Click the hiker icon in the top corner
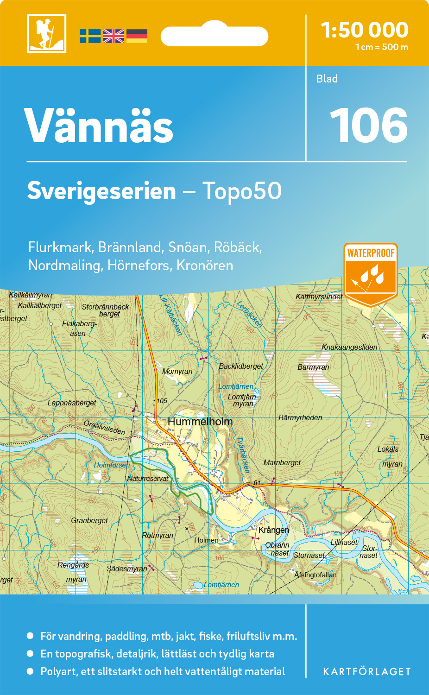coord(46,33)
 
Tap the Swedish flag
coord(90,36)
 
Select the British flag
coord(114,36)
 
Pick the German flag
coord(137,36)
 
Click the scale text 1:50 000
coord(365,30)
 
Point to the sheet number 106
coord(368,125)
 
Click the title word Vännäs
coord(99,126)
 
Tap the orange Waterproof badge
coord(371,273)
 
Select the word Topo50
coord(242,191)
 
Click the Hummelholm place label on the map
coord(200,422)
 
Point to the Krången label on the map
coord(274,530)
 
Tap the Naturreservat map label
coord(148,479)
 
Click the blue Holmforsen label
coord(112,465)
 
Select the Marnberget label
coord(282,462)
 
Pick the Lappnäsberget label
coord(72,403)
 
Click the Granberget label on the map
coord(89,521)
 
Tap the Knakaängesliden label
coord(349,347)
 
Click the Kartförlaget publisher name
coord(366,672)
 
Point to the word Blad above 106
coord(327,79)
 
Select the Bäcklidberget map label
coord(241,366)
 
